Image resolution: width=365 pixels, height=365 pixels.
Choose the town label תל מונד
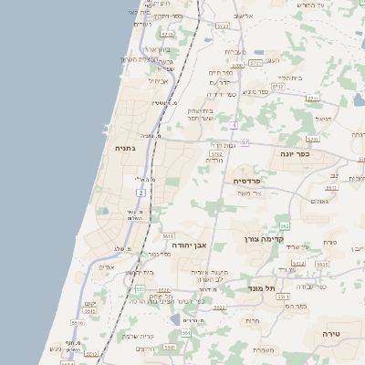coord(261,288)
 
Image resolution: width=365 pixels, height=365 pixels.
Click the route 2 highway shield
coord(141,193)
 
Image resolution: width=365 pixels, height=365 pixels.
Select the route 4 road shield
coord(235,125)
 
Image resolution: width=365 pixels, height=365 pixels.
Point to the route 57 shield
coord(245,141)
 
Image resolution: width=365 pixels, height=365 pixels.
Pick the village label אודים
coord(107,267)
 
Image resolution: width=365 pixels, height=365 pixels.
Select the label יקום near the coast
coord(89,303)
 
